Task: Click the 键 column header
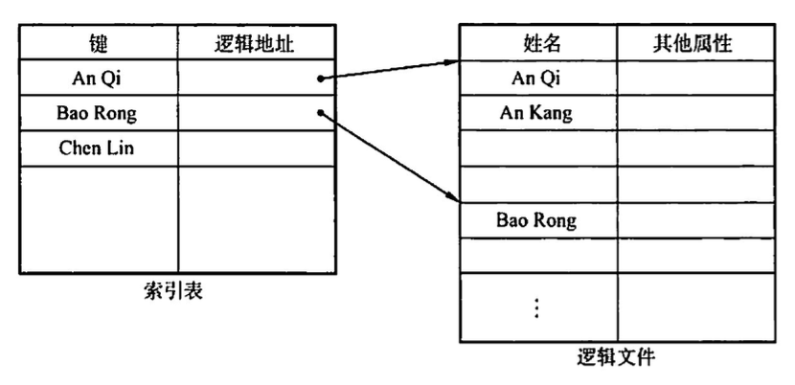(100, 43)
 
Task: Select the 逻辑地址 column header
(257, 43)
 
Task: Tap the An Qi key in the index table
(100, 79)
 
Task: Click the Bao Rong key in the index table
(98, 114)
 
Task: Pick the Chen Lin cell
(99, 148)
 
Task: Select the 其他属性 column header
(695, 43)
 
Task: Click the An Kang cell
(536, 113)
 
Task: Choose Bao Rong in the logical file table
(536, 220)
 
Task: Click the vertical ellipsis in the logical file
(536, 307)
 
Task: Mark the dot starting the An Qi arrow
(319, 79)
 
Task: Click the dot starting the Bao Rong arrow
(319, 114)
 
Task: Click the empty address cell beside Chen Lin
(257, 148)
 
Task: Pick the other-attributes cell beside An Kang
(695, 113)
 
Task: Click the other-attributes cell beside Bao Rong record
(695, 220)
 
